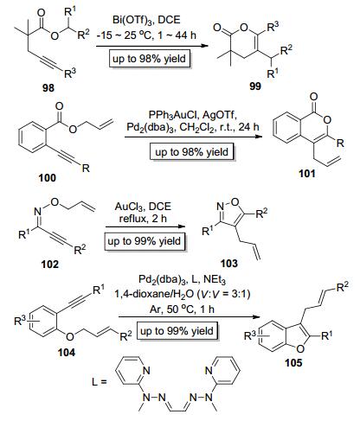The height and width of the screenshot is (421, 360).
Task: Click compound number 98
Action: point(48,87)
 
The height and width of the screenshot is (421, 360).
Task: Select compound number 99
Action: point(255,86)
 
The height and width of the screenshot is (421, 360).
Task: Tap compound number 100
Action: point(48,177)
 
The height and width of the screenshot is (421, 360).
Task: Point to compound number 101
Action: point(307,174)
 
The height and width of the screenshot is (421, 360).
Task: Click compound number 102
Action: point(50,264)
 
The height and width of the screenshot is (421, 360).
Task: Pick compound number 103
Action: point(229,263)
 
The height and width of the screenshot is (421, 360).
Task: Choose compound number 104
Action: point(67,352)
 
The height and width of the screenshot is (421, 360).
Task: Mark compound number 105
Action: point(293,362)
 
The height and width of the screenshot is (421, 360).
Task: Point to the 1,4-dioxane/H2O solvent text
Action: point(152,294)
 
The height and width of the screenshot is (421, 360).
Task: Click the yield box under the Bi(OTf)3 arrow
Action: point(149,59)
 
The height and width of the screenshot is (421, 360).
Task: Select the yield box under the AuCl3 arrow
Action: point(145,241)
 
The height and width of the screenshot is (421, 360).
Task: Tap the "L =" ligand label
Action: point(100,382)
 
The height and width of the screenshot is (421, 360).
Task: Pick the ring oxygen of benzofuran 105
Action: point(300,348)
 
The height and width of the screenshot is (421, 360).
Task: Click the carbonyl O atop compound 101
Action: point(314,97)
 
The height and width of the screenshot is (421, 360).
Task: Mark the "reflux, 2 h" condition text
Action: point(143,219)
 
